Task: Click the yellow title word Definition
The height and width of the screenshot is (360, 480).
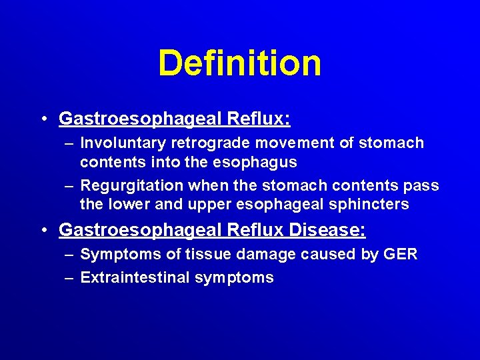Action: pos(239,63)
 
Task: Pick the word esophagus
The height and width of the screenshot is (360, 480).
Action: pos(260,162)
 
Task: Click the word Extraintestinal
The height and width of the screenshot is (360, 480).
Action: pos(135,277)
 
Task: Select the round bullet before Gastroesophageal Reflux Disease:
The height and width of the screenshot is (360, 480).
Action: pos(44,231)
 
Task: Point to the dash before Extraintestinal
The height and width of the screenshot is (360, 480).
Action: pos(69,278)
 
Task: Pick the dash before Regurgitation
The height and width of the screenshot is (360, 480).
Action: pos(69,186)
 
